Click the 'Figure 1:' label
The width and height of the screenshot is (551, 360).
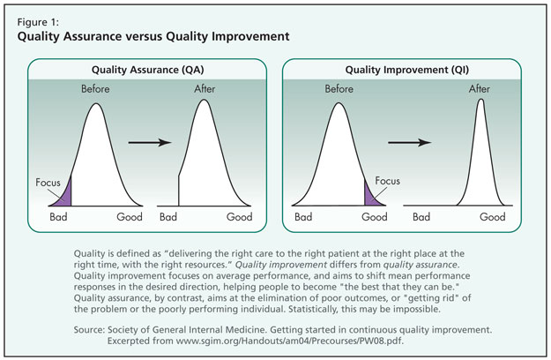(x=38, y=22)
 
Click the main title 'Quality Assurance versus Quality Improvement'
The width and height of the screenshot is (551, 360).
(x=153, y=36)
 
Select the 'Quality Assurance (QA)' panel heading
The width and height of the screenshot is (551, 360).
(x=147, y=70)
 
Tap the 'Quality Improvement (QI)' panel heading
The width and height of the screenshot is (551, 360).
(x=407, y=70)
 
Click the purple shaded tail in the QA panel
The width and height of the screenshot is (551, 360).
(x=65, y=197)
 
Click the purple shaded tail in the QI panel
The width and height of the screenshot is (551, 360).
(x=371, y=196)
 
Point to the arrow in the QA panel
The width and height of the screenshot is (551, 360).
(x=150, y=142)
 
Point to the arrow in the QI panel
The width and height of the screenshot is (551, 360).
(x=409, y=142)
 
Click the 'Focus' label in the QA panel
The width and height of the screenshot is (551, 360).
(x=48, y=183)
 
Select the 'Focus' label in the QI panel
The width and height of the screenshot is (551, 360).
(x=387, y=181)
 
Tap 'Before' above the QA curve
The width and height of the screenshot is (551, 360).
(x=95, y=88)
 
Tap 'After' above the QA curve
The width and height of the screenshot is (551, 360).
(x=205, y=88)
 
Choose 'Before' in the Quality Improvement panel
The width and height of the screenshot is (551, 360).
(x=339, y=88)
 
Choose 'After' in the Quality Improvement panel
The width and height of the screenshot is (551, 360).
(x=480, y=88)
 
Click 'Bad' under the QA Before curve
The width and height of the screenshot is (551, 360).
(x=58, y=216)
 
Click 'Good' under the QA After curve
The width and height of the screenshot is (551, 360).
(x=239, y=216)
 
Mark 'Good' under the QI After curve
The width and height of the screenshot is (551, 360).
(x=493, y=216)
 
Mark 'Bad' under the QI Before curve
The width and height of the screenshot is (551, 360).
(x=303, y=216)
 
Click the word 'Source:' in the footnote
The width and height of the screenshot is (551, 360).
(x=89, y=330)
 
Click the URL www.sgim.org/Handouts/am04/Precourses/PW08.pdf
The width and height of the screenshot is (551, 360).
(x=289, y=341)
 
